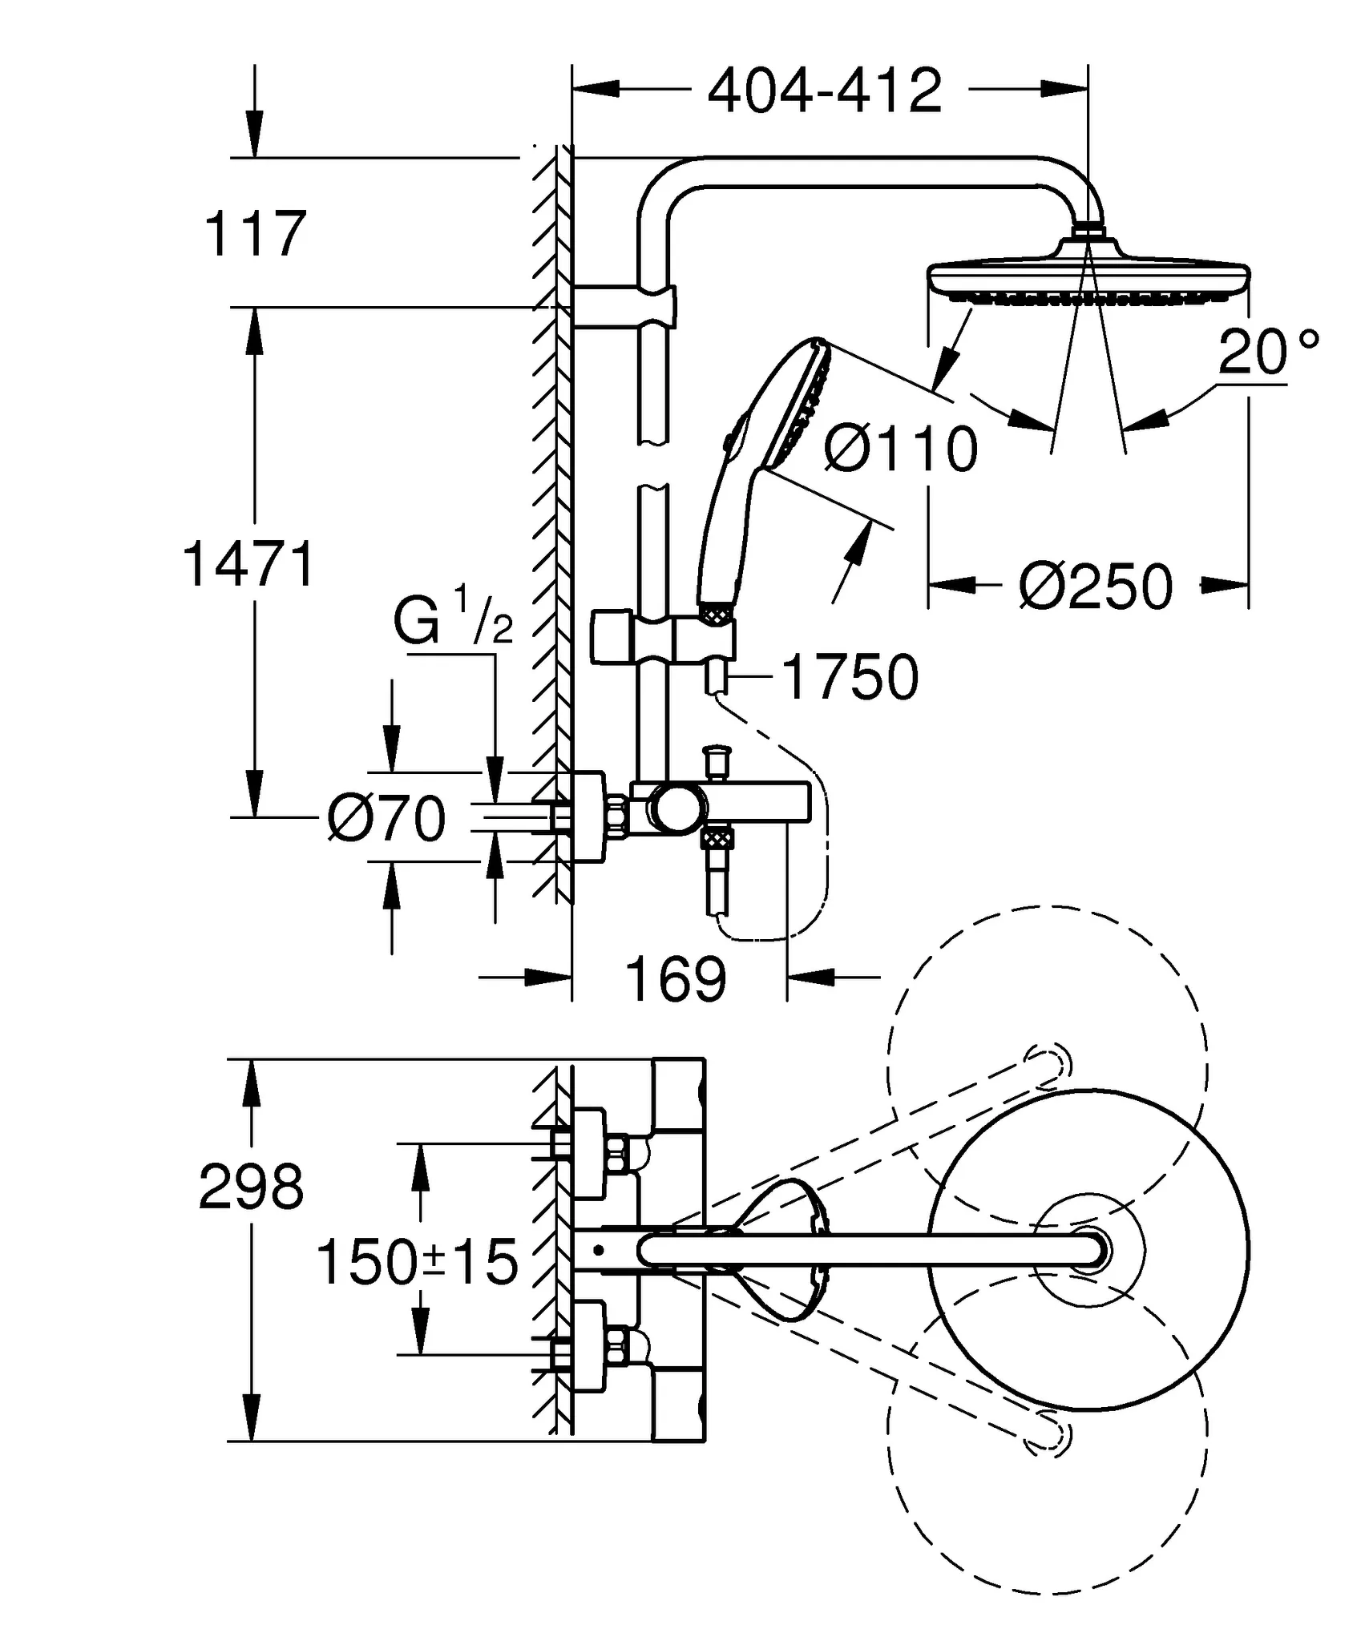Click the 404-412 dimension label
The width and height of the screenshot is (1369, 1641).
(x=825, y=92)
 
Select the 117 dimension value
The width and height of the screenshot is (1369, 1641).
(x=255, y=234)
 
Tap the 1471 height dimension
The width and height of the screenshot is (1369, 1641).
(x=249, y=566)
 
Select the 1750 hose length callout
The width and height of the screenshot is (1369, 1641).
(x=850, y=678)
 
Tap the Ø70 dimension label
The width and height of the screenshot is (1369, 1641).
(x=386, y=819)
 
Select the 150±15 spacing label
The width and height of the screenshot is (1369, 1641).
(x=417, y=1264)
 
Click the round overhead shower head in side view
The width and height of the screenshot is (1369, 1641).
(x=1088, y=277)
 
